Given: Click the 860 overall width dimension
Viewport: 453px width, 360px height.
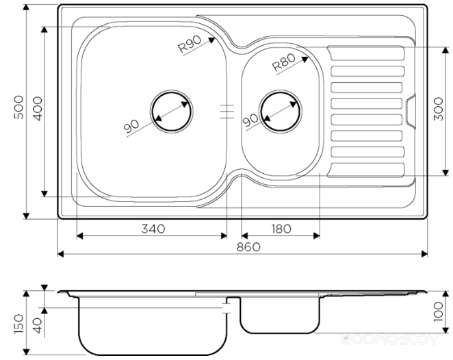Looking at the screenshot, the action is coord(248,247).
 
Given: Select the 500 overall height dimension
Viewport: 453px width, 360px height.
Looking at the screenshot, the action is coord(18,107).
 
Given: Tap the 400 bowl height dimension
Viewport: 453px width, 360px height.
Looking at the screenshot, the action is coord(38,109).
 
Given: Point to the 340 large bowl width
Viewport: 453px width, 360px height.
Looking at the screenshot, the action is coord(153,229).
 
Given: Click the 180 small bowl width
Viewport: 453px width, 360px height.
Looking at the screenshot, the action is coord(281,229).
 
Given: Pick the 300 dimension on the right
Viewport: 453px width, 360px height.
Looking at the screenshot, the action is coord(438,109).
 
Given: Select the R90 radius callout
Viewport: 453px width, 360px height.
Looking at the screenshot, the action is coord(190,44).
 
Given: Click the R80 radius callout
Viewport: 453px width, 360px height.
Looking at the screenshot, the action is coord(284,62).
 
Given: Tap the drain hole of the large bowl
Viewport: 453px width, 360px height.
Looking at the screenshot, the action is coord(172,112).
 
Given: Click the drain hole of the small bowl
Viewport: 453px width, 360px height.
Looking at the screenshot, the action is coord(281,112).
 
